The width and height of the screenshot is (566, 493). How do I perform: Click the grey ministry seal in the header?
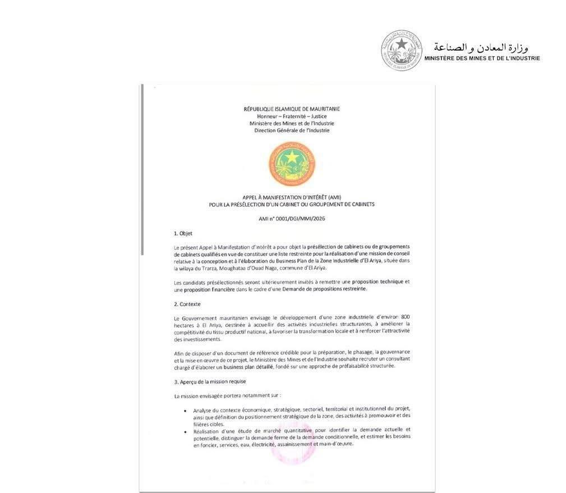click(x=401, y=50)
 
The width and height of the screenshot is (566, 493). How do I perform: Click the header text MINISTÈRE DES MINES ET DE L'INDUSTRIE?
click(x=482, y=58)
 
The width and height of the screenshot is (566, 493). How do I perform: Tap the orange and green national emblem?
click(x=292, y=164)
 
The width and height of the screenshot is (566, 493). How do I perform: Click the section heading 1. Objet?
click(x=183, y=233)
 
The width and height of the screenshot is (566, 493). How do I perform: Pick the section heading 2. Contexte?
click(x=187, y=304)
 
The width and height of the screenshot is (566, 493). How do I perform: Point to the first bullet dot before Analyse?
click(x=186, y=410)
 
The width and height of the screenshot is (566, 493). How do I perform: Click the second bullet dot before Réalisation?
click(x=186, y=431)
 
